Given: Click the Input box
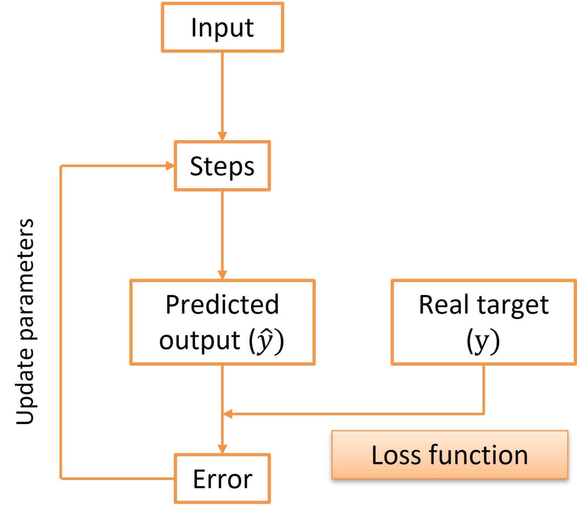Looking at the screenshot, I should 222,27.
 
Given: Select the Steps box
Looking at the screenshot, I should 222,166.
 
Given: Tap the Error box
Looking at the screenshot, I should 222,479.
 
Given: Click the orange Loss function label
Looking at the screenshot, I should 449,455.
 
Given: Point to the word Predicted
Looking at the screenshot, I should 222,304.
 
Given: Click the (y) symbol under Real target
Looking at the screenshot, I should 483,341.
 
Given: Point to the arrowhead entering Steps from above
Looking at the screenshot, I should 222,136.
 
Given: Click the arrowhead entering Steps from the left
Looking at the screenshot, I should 170,166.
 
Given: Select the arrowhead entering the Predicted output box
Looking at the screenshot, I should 222,275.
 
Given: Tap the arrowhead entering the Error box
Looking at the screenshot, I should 222,449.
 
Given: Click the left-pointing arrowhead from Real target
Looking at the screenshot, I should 228,414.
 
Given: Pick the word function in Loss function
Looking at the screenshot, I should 478,455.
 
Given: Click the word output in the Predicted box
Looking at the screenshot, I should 199,340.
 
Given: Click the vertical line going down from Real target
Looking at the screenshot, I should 483,389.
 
